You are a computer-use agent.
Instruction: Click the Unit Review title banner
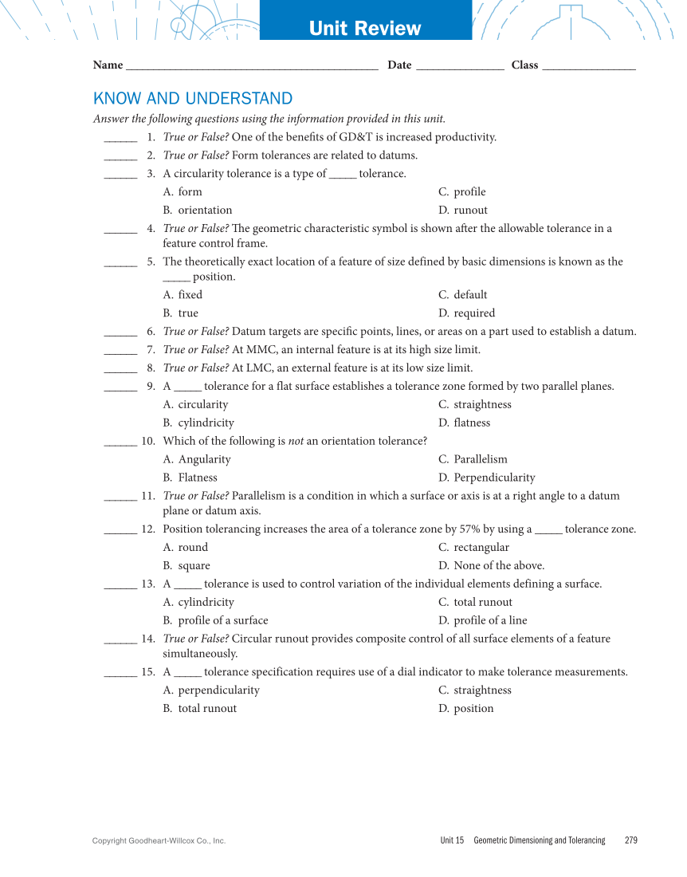click(x=365, y=29)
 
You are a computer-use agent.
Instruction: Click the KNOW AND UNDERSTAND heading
click(x=193, y=98)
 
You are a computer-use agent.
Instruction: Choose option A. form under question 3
click(x=183, y=192)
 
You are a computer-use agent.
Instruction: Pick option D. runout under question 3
click(x=463, y=210)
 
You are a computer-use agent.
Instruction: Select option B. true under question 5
click(x=181, y=313)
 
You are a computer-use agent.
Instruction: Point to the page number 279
click(x=631, y=840)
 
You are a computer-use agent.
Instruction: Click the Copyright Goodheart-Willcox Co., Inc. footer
click(x=159, y=840)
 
